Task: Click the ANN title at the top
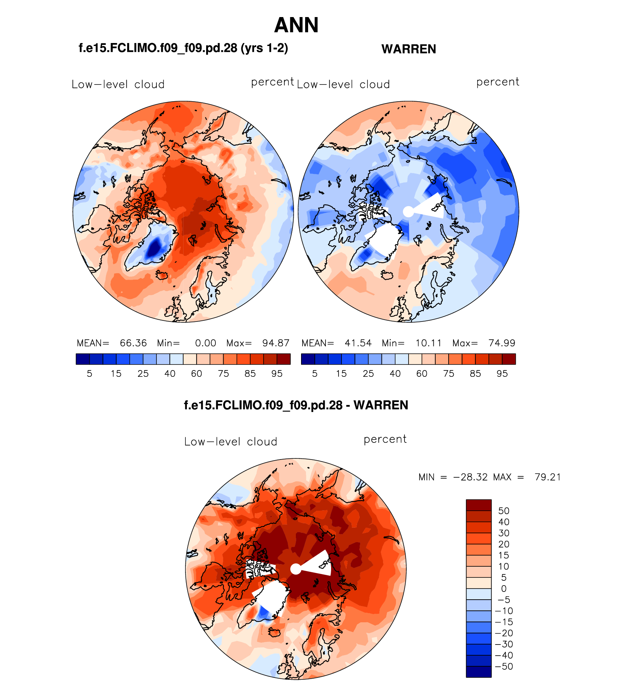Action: point(296,26)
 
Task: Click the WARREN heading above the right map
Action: point(409,49)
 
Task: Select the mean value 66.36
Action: point(133,343)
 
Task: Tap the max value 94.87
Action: point(275,343)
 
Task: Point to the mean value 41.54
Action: point(358,343)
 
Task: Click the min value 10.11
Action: point(428,343)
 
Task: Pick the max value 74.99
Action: point(502,343)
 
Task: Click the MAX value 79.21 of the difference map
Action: point(547,477)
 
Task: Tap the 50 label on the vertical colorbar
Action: point(503,511)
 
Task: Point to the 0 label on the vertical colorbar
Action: point(503,589)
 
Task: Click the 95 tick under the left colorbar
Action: point(277,374)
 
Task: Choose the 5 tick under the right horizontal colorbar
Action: point(315,374)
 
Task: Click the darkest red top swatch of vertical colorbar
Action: point(479,505)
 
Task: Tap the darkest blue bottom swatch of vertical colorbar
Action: point(479,672)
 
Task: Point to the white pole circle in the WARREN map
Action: point(408,212)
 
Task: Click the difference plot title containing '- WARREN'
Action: point(296,405)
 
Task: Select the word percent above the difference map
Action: point(385,439)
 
